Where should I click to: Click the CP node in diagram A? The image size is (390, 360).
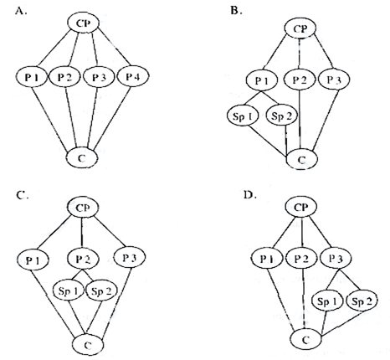pyautogui.click(x=84, y=23)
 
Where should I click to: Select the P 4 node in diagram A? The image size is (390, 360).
pyautogui.click(x=133, y=76)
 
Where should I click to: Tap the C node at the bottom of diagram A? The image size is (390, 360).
pyautogui.click(x=82, y=158)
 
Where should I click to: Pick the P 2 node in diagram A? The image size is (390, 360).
pyautogui.click(x=64, y=76)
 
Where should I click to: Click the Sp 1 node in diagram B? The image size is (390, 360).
pyautogui.click(x=243, y=116)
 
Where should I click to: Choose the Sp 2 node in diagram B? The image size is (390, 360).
pyautogui.click(x=282, y=116)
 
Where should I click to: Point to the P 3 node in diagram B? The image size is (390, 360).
pyautogui.click(x=334, y=80)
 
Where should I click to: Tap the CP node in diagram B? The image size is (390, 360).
pyautogui.click(x=300, y=28)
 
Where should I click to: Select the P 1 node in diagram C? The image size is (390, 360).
pyautogui.click(x=33, y=260)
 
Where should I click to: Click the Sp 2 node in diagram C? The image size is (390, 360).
pyautogui.click(x=101, y=291)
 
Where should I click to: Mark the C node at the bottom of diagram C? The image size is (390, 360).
pyautogui.click(x=88, y=345)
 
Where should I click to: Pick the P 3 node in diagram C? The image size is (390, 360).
pyautogui.click(x=130, y=258)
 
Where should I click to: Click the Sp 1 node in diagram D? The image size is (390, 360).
pyautogui.click(x=327, y=301)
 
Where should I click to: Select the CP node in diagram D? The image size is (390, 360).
pyautogui.click(x=301, y=208)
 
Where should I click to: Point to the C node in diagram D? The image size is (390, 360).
pyautogui.click(x=305, y=339)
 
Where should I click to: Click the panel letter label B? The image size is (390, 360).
pyautogui.click(x=236, y=11)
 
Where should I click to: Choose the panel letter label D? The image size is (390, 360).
pyautogui.click(x=250, y=194)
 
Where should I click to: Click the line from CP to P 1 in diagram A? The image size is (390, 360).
pyautogui.click(x=54, y=49)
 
